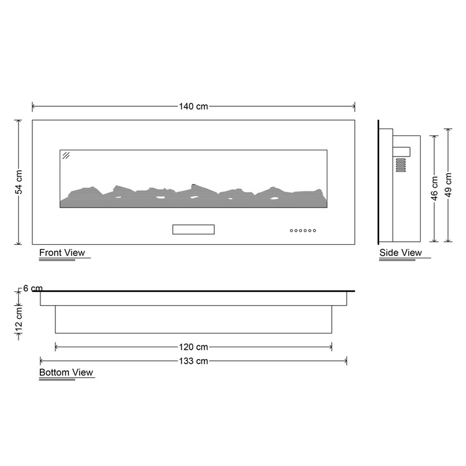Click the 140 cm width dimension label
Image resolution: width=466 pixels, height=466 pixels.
coord(193,106)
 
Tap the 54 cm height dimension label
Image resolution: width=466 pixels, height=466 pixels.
coord(19,182)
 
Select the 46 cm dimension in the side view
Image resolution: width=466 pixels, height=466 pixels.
coord(434,188)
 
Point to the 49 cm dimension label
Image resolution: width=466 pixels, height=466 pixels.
coord(448,185)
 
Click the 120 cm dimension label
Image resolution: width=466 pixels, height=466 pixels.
coord(193,347)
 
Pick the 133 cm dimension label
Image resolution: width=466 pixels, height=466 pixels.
coord(193,361)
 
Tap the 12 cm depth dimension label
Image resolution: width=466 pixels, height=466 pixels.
coord(19,319)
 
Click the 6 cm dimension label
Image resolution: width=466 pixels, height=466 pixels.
coord(33,288)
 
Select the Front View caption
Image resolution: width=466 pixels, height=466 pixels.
coord(62,253)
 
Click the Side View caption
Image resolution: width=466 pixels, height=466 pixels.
coord(400,253)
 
